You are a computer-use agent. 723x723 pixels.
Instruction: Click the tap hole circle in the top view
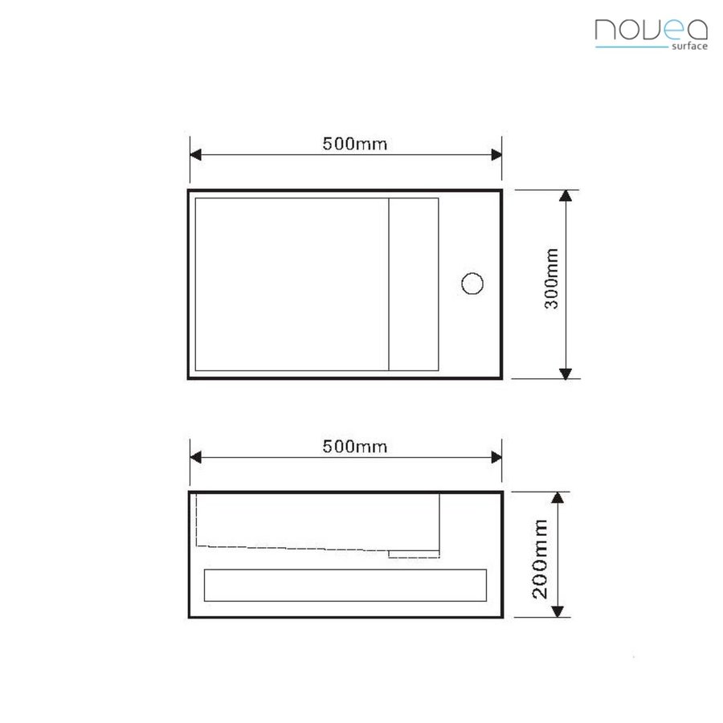coord(472,284)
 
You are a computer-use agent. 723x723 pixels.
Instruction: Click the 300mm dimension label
coord(552,284)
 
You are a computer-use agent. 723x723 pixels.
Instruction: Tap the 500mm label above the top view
coord(354,145)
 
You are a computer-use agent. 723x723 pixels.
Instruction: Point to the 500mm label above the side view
coord(354,447)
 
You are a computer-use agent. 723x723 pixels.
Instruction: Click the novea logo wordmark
coord(651,30)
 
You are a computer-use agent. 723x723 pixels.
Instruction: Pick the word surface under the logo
coord(688,47)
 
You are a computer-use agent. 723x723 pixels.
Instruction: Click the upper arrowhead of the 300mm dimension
coord(566,197)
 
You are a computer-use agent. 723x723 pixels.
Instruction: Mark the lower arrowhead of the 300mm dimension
coord(566,372)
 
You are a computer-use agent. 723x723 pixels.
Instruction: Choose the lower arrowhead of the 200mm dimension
coord(558,611)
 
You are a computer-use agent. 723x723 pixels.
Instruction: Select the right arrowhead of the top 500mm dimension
coord(496,155)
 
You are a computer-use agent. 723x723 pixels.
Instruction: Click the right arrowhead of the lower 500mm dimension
coord(496,458)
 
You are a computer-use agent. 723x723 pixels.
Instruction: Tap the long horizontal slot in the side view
coord(345,585)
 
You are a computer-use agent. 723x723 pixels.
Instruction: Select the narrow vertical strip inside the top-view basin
coord(414,284)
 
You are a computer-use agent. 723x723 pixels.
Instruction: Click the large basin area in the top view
coord(292,284)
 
